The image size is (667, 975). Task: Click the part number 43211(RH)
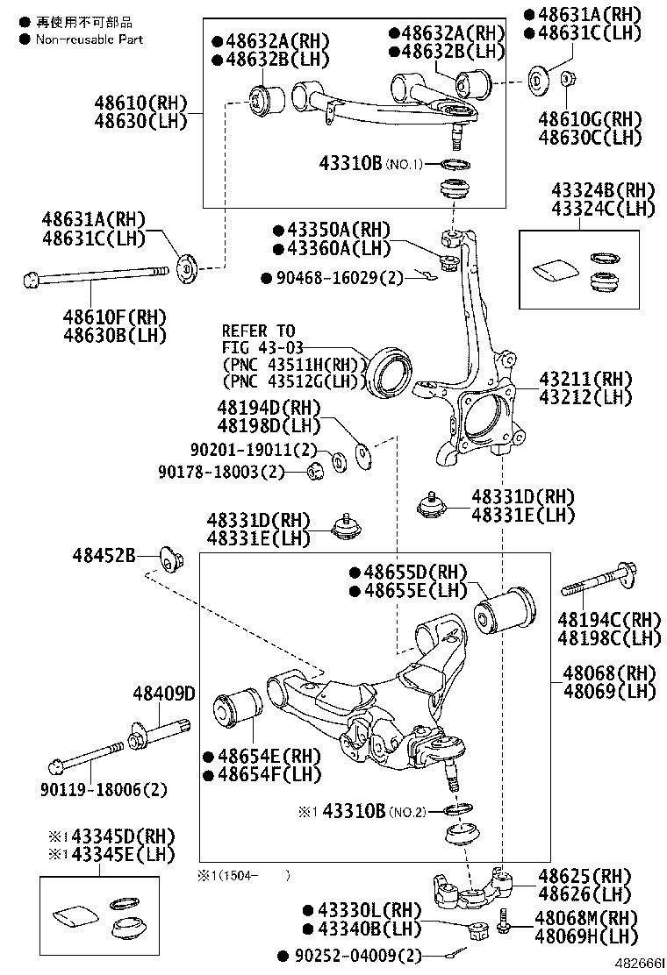585,379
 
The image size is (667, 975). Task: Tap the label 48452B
104,555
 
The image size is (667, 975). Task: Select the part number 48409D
164,694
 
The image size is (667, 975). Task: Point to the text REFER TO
258,331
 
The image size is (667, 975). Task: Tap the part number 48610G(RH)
590,119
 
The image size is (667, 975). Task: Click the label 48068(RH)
609,673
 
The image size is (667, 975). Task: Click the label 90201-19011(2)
254,450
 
